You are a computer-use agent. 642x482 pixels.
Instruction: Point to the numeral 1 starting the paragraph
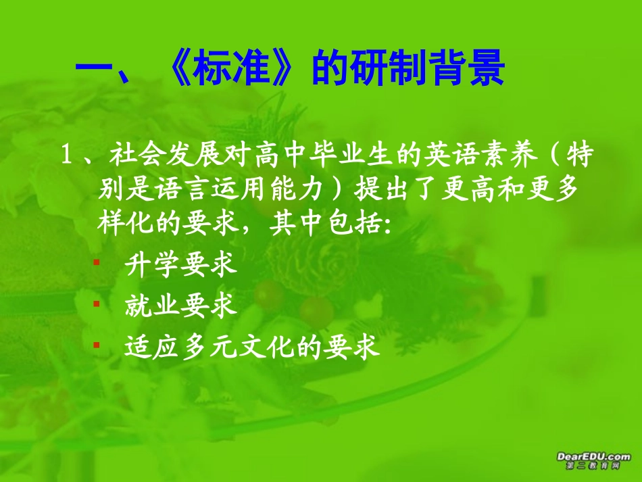pos(67,158)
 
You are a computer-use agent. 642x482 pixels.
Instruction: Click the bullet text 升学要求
pos(180,265)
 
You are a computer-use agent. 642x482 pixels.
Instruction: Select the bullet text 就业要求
pos(180,306)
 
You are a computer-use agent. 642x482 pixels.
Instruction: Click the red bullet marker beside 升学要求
pos(96,262)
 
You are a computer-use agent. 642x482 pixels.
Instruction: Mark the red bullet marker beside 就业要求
pos(96,303)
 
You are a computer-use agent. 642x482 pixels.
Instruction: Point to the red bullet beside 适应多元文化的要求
pos(96,344)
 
